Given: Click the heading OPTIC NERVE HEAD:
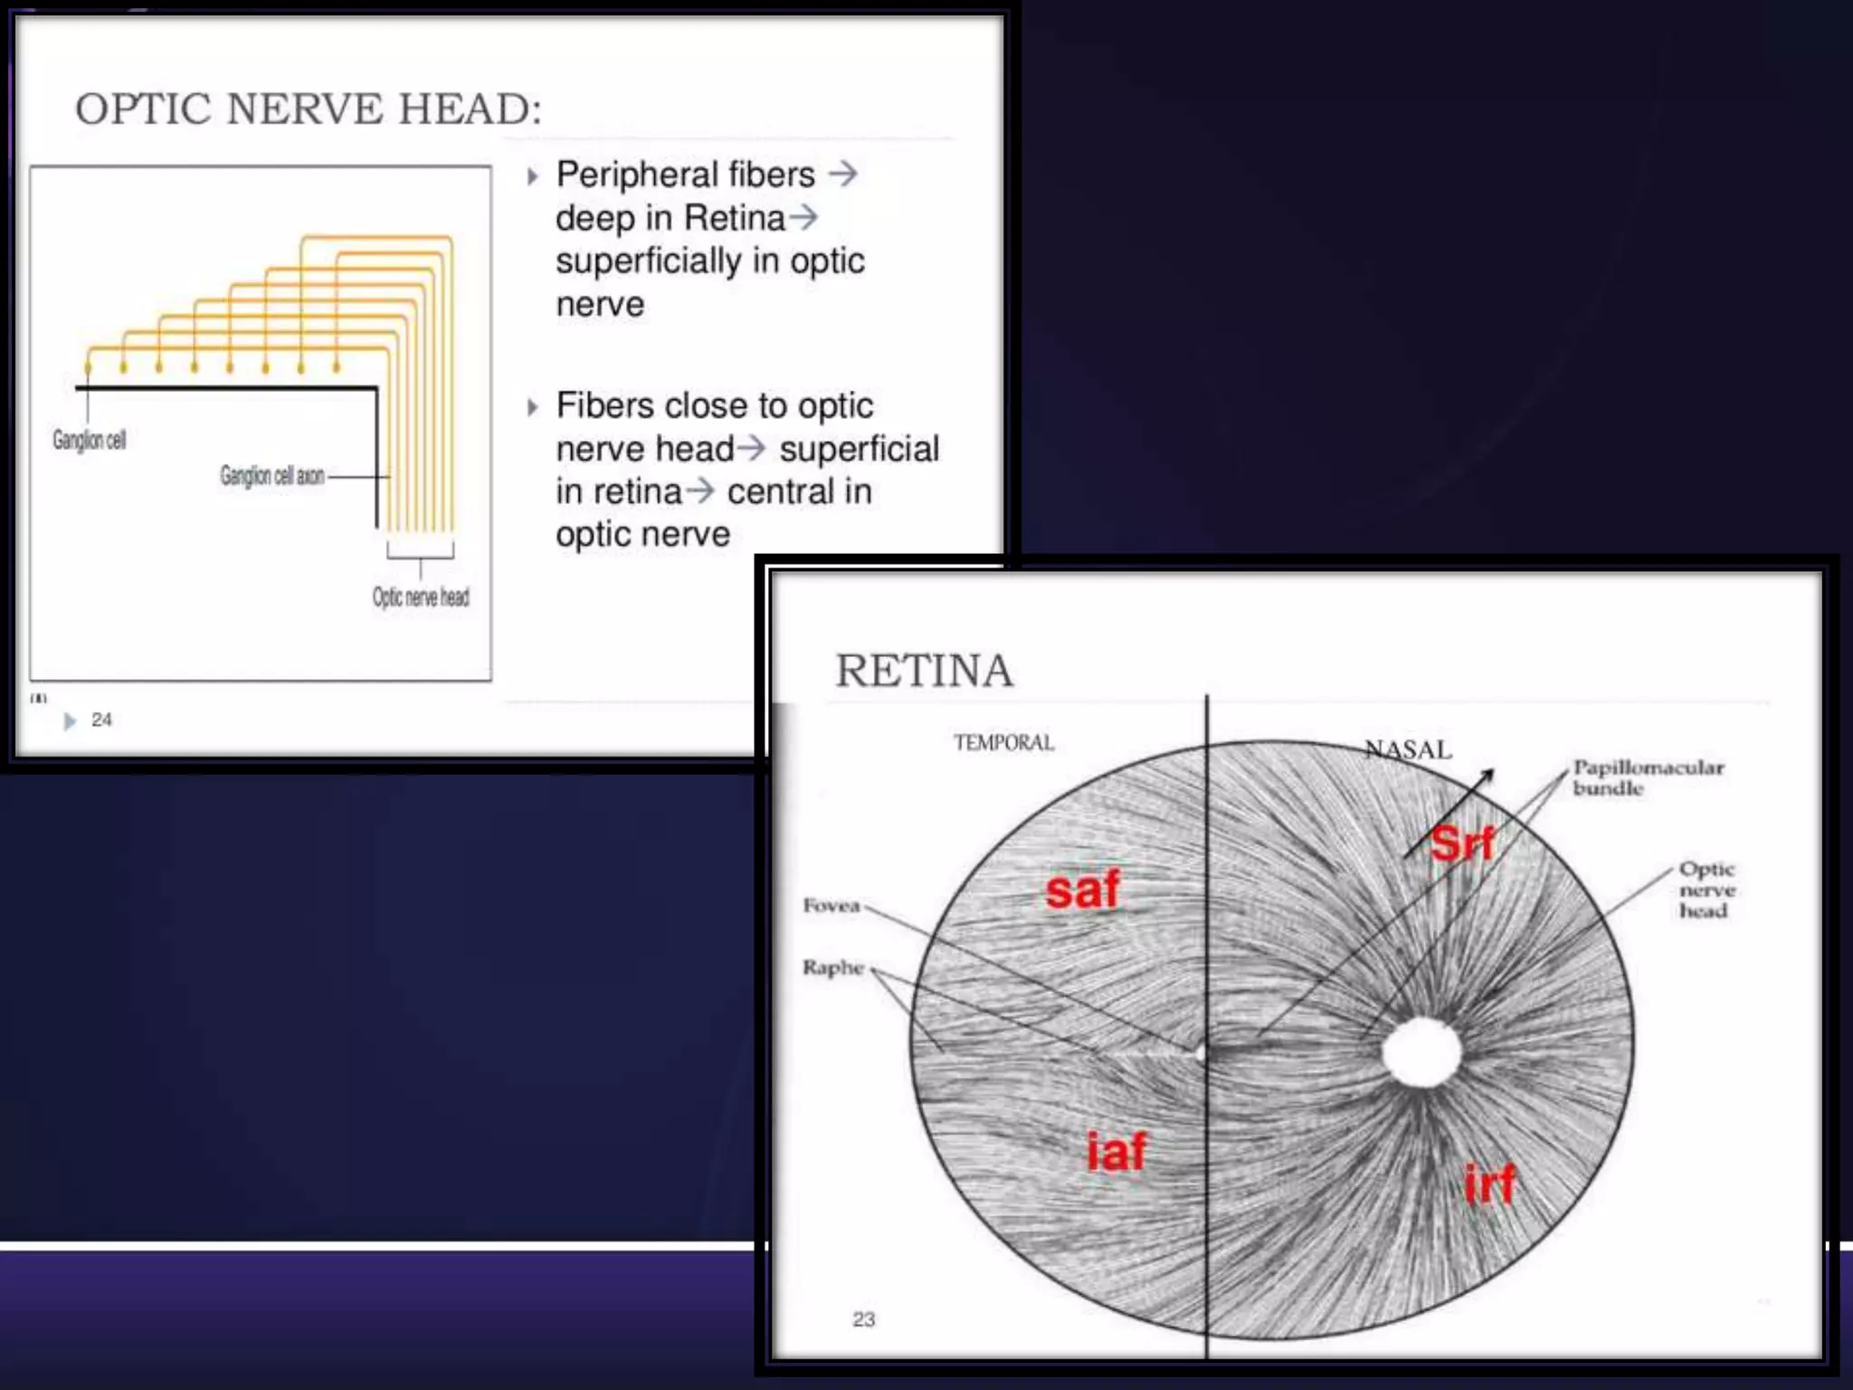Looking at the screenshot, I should click(308, 109).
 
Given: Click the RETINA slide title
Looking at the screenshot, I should click(923, 671).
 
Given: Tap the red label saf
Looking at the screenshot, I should click(1082, 890).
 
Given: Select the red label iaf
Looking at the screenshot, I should click(1116, 1152).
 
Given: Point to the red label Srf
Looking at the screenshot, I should click(1462, 843).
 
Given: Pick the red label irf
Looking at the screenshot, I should click(1489, 1184).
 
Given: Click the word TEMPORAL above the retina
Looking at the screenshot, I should click(1003, 743).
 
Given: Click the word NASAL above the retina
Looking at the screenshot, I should click(1408, 749).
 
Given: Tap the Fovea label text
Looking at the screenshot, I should click(831, 906).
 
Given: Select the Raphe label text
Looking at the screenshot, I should click(832, 967).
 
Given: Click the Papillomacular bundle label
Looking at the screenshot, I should click(1648, 777).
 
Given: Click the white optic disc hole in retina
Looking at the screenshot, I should click(1421, 1052).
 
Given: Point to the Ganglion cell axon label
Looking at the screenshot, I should click(271, 476).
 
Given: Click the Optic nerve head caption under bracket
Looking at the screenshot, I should click(421, 597).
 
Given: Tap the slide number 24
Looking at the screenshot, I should click(101, 720).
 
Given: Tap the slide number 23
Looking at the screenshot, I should click(863, 1319).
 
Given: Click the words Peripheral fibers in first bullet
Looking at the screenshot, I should click(685, 175).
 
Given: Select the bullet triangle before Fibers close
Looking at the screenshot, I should click(533, 407).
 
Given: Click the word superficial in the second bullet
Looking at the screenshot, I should click(859, 449).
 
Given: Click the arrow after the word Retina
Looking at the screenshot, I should click(803, 217).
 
